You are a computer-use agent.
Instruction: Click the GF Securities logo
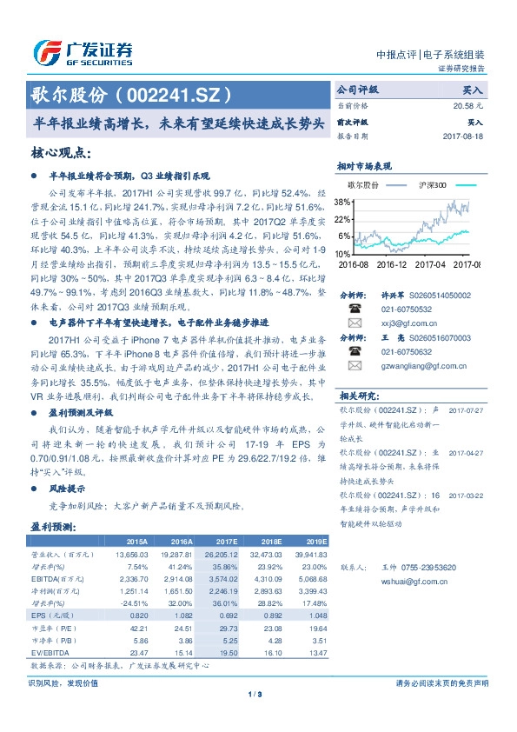click(x=83, y=52)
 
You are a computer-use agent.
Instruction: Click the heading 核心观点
click(x=61, y=152)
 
